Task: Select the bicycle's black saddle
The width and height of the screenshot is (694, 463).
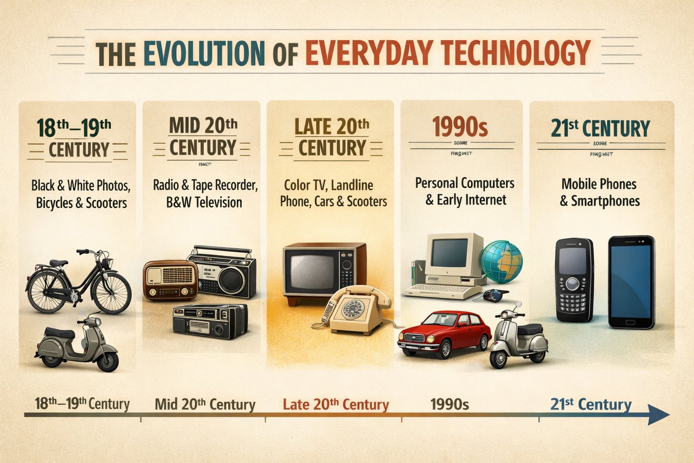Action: click(58, 263)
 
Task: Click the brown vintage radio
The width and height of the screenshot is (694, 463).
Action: click(171, 280)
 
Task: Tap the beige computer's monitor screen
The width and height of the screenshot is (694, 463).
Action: click(449, 253)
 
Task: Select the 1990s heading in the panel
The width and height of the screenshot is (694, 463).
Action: click(460, 127)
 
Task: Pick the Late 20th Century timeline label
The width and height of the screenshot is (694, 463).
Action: click(336, 404)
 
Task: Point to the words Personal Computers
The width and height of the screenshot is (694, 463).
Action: click(464, 184)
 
